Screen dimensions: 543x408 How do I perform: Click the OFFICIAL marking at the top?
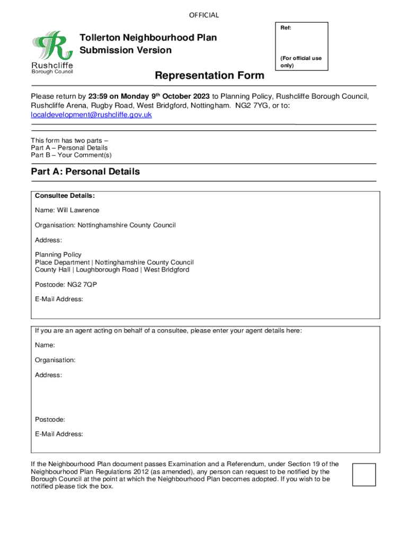[203, 15]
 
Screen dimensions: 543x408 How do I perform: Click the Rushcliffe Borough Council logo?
[52, 52]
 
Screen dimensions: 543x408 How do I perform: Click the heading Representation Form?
[209, 76]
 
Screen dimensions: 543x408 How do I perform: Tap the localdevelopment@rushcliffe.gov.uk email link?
[91, 115]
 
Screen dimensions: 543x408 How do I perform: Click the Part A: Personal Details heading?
[85, 172]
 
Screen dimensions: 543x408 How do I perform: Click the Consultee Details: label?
[65, 196]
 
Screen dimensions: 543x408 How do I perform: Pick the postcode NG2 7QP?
[82, 285]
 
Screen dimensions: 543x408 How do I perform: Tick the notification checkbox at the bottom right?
[363, 475]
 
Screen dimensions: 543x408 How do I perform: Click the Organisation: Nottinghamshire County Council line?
[105, 225]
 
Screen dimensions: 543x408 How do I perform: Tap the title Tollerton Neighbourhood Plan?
[148, 38]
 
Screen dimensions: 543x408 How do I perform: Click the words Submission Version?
[126, 50]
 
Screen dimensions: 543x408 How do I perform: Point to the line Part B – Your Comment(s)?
[71, 155]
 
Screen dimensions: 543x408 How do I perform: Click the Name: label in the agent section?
[45, 345]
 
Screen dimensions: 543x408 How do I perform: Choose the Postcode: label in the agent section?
[50, 419]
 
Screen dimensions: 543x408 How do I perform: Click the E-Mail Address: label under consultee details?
[59, 300]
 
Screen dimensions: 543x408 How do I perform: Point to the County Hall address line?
[112, 270]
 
